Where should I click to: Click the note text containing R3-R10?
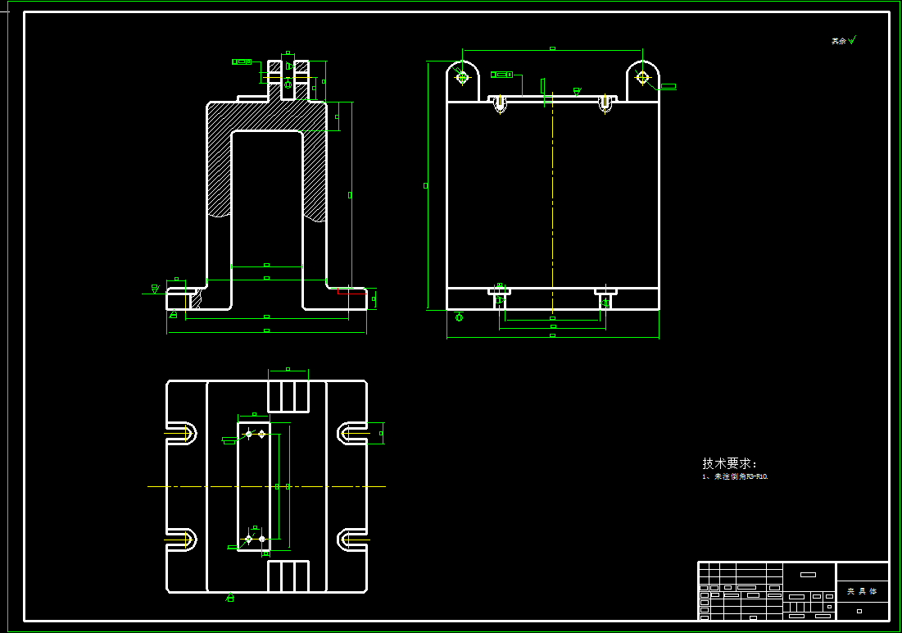pyautogui.click(x=735, y=476)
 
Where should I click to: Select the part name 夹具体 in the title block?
pyautogui.click(x=861, y=590)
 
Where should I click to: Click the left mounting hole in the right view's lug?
pyautogui.click(x=462, y=77)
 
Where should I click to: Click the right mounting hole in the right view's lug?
pyautogui.click(x=642, y=77)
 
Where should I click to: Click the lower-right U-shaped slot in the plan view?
pyautogui.click(x=352, y=539)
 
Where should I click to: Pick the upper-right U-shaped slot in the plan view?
pyautogui.click(x=352, y=433)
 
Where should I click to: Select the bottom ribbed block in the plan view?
pyautogui.click(x=288, y=576)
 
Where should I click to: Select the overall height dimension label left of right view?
pyautogui.click(x=425, y=185)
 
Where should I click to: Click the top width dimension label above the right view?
pyautogui.click(x=552, y=48)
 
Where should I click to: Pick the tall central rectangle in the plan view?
pyautogui.click(x=253, y=485)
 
